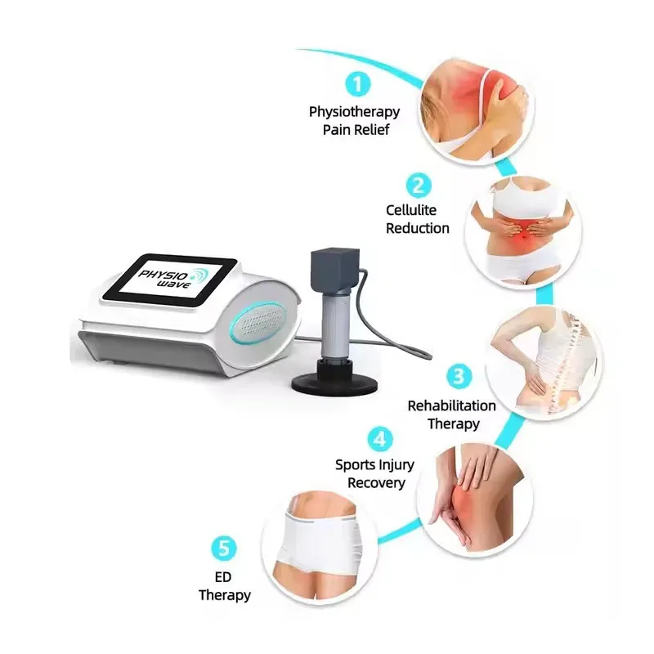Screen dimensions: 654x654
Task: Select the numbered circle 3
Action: tap(459, 376)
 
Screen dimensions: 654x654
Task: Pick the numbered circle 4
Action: tap(379, 439)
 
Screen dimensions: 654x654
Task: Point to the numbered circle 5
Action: tap(224, 547)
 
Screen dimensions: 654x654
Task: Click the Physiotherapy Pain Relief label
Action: tap(355, 120)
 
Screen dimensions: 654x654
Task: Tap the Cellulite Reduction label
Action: tap(417, 220)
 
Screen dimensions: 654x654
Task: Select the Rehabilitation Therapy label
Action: tap(452, 414)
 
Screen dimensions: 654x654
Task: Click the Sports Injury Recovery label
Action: tap(375, 473)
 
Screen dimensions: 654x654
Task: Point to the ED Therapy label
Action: tap(224, 586)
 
